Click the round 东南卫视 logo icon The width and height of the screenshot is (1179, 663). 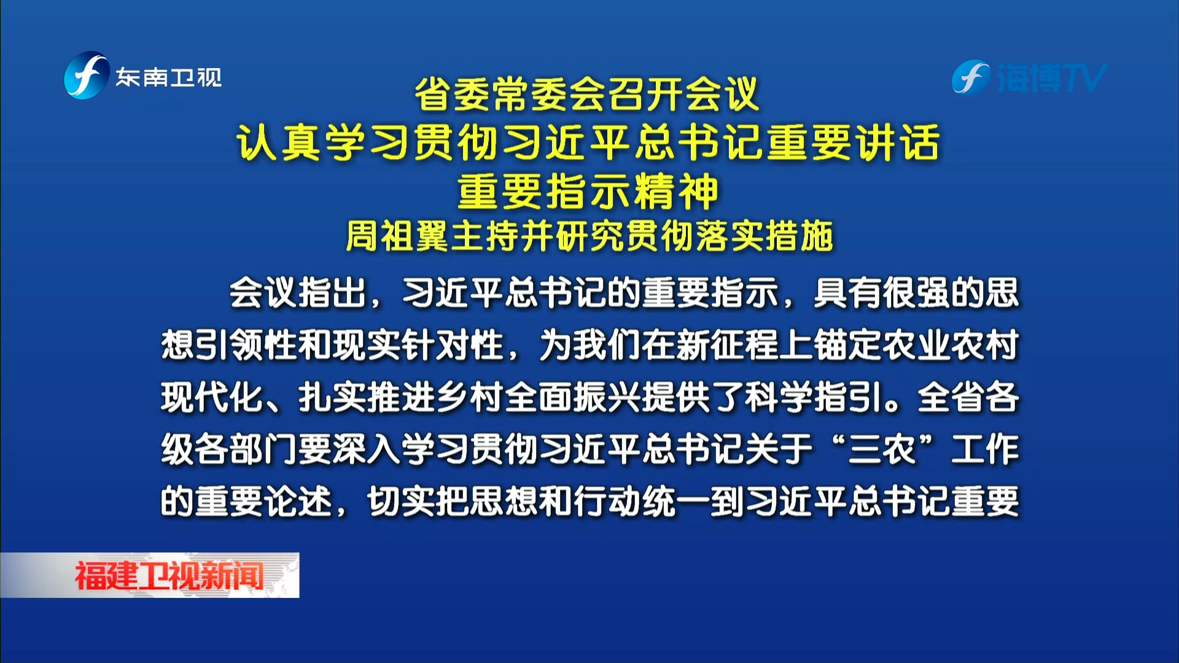pos(87,76)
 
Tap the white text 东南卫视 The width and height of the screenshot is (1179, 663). pos(169,77)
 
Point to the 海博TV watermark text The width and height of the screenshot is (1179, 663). pos(1051,78)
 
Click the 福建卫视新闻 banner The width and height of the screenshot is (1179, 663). pos(150,575)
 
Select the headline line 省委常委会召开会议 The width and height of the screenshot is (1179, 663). pos(588,95)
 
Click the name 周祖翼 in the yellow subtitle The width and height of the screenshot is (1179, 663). pos(397,236)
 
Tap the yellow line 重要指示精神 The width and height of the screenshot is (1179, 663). pos(588,191)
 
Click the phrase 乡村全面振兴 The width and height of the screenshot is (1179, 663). pos(539,397)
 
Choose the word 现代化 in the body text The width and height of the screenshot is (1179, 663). pos(212,397)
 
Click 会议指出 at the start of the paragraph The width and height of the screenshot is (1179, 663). pos(297,293)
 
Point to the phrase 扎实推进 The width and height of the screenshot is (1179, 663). pos(367,397)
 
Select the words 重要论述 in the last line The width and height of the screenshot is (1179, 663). pos(263,502)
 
